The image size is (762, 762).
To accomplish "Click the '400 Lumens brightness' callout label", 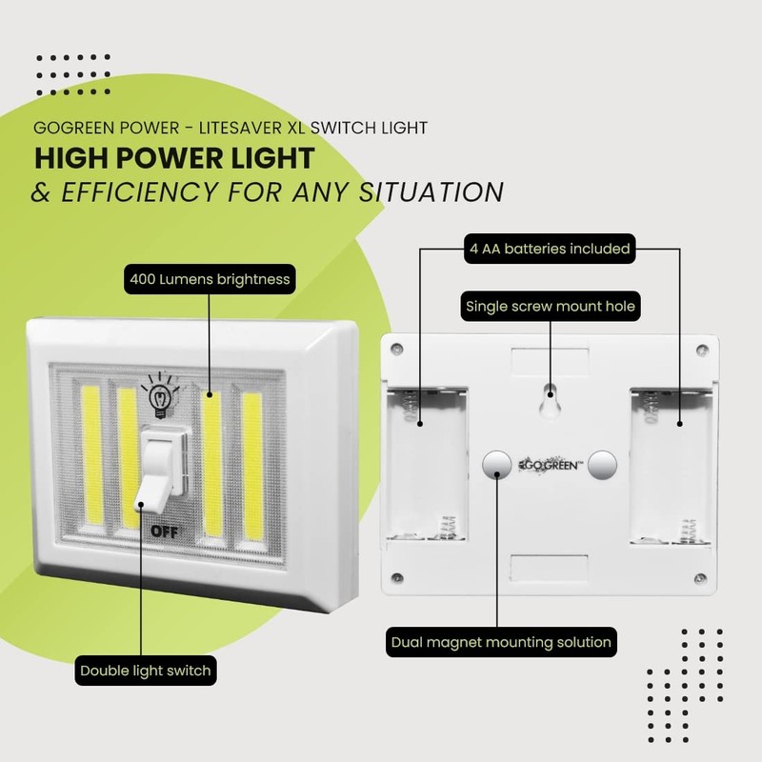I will tap(209, 280).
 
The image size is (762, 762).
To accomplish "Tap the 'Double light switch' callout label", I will tap(146, 671).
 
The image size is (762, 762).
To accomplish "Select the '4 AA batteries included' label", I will tap(550, 249).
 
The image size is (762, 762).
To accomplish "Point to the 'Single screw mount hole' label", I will tap(550, 307).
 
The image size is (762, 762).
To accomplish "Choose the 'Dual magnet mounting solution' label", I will tap(501, 641).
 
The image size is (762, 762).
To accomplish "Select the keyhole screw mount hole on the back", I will tap(550, 400).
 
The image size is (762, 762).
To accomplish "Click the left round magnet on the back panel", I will tap(496, 465).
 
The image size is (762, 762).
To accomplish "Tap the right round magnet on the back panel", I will tap(602, 465).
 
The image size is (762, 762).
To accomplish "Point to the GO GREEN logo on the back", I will tap(550, 466).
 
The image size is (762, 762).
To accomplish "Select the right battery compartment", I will tap(672, 467).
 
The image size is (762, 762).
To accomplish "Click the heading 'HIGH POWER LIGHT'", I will tap(174, 156).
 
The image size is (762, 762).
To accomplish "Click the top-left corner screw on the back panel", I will tap(399, 349).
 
